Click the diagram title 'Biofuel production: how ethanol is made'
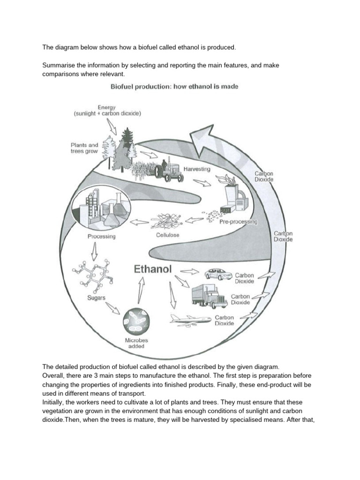coord(180,86)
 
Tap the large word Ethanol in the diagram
coord(153,270)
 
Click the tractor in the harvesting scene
coord(169,170)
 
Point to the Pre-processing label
coord(238,221)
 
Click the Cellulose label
coord(167,235)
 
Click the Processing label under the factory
coord(101,236)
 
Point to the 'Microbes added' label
coord(135,343)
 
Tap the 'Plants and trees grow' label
coord(84,148)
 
